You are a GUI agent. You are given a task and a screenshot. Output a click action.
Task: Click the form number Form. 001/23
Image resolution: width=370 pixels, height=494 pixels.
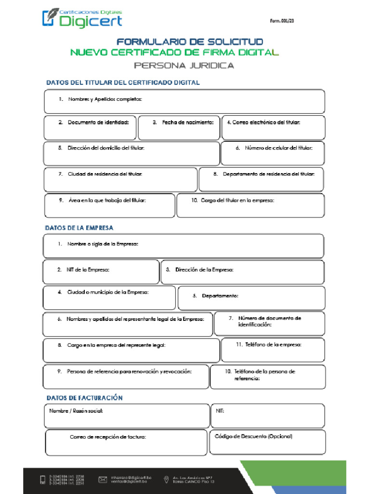point(282,21)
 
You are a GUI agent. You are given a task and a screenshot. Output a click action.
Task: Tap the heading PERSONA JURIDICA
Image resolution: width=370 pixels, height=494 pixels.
point(184,65)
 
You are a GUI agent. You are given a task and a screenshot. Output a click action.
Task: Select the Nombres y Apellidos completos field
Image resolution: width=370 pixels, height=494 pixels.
point(185,102)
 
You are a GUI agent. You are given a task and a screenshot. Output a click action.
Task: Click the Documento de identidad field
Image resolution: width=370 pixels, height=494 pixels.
point(90,128)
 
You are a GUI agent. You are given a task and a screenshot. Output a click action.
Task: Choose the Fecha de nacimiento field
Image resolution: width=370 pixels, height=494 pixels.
point(179,128)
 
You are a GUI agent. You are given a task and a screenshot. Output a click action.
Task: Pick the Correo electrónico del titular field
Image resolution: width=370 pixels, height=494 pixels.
point(273,128)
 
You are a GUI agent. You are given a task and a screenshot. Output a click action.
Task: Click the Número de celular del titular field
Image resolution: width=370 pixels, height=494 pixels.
point(273,153)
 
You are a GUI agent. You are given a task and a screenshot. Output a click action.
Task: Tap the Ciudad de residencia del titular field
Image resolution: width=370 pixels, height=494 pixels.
point(120,179)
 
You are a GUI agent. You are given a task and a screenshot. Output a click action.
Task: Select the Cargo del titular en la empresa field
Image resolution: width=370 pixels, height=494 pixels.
point(251,206)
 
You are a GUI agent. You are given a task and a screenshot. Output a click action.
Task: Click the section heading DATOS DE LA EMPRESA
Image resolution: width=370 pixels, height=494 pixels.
point(79,227)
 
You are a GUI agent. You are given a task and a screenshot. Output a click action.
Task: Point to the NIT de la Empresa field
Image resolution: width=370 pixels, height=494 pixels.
point(101,272)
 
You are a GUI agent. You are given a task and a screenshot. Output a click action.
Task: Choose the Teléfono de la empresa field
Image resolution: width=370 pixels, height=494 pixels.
point(273,350)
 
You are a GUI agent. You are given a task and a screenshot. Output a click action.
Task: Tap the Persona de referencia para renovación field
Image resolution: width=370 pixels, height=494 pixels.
point(126,377)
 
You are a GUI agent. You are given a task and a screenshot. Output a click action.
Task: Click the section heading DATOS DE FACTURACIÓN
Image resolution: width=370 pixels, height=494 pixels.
point(84,398)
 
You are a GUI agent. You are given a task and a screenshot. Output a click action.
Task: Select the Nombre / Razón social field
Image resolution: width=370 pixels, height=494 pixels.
point(127,416)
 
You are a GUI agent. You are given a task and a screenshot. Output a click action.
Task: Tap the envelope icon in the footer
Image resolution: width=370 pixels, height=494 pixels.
point(103,479)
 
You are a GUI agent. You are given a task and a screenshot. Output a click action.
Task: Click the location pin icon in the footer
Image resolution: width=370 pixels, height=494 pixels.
point(166,479)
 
